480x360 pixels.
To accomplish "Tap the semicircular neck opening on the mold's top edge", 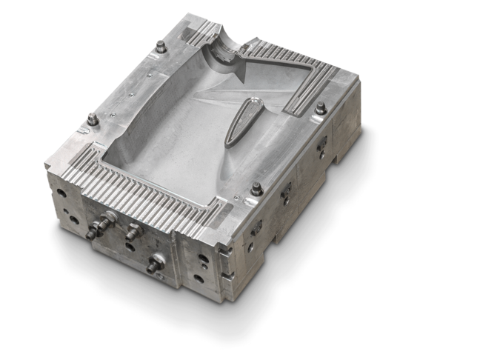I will click(223, 38).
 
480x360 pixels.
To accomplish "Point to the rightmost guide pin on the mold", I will click(320, 109).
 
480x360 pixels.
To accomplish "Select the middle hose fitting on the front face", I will click(133, 230).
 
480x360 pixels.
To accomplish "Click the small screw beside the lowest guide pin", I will click(236, 198).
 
